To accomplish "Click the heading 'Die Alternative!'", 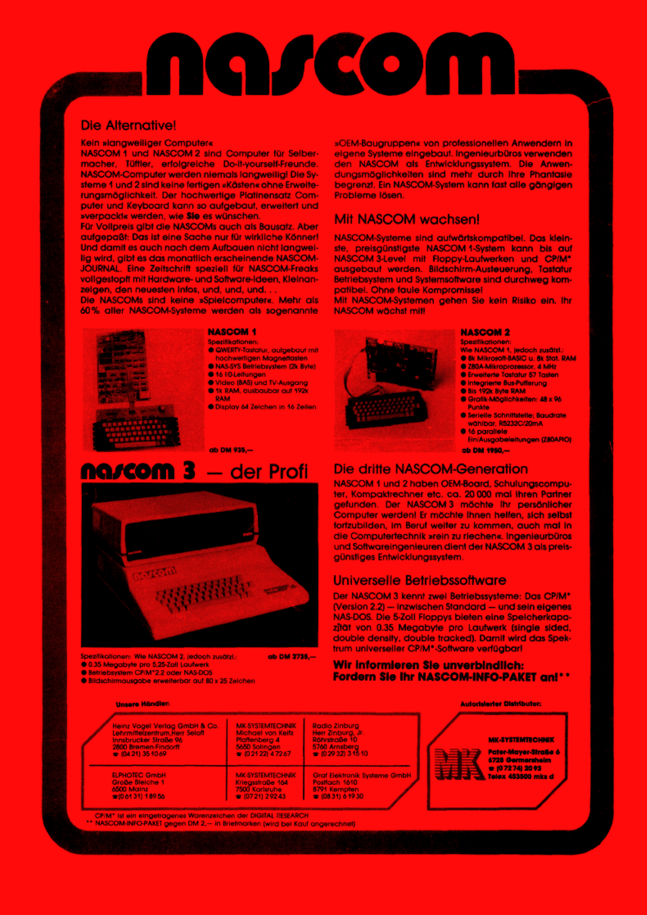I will pos(128,125).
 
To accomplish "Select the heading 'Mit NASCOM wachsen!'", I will pos(406,219).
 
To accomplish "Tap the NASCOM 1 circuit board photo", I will pos(139,389).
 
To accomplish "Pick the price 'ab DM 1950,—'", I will pos(485,450).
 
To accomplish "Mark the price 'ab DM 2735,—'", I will pos(291,656).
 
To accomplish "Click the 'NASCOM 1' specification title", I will pos(232,332).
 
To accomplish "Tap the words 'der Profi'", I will pos(269,472).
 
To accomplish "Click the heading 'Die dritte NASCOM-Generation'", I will pos(430,469).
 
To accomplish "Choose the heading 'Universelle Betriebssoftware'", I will pos(420,580).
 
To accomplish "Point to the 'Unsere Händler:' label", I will pos(142,704).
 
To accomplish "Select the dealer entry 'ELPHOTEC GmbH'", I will pos(138,775).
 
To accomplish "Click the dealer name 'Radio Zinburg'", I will pos(336,726).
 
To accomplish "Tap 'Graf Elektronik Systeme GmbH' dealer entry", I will pos(362,775).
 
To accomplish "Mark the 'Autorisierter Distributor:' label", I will pos(500,704).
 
